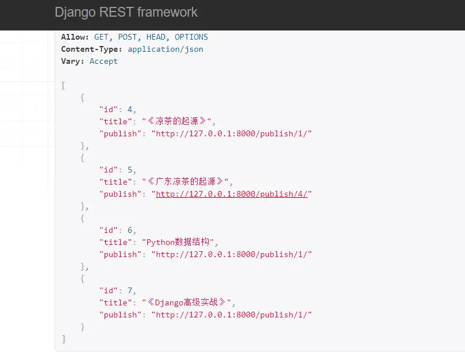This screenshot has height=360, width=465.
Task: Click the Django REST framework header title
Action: point(126,12)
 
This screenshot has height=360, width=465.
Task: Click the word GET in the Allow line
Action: point(101,37)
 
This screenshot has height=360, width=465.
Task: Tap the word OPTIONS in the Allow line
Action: point(191,37)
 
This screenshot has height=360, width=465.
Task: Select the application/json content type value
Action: point(166,49)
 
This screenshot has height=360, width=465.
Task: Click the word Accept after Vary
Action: point(103,61)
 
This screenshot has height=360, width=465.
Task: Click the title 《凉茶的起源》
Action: point(179,121)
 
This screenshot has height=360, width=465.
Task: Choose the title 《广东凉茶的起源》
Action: point(187,182)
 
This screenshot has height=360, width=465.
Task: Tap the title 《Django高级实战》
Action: point(189,302)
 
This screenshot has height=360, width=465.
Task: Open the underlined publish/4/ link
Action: point(232,194)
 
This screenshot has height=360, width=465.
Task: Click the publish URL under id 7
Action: point(232,315)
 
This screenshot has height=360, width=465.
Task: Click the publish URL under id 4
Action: point(232,133)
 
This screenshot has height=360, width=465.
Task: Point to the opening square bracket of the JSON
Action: point(63,85)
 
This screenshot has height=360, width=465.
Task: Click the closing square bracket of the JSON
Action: point(63,339)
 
